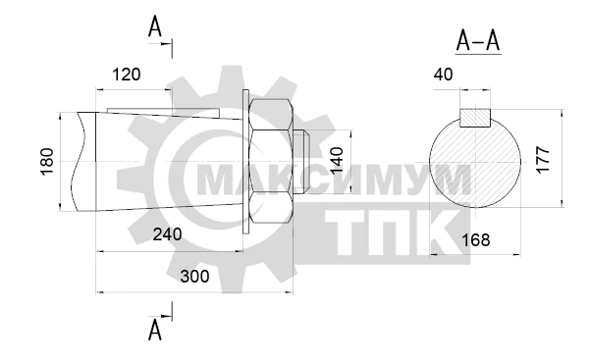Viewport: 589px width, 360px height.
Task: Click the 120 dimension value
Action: (127, 75)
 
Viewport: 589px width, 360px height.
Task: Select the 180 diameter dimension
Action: (47, 162)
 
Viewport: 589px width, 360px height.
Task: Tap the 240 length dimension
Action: (167, 234)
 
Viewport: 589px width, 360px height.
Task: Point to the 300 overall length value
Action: (194, 277)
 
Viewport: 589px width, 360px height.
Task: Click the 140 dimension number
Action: (337, 160)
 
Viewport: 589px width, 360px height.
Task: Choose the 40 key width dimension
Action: (444, 75)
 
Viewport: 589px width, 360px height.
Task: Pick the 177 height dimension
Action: (543, 160)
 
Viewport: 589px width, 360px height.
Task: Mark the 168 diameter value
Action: (475, 240)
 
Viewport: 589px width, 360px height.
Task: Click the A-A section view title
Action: (478, 41)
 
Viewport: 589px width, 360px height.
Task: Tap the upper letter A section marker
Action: (155, 27)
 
